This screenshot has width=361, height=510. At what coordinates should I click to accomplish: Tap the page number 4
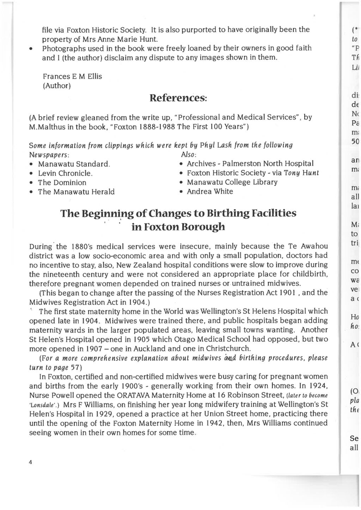[x=31, y=462]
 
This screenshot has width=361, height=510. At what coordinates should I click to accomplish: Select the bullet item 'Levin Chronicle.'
[x=65, y=173]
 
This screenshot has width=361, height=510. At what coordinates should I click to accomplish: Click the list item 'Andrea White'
[x=210, y=191]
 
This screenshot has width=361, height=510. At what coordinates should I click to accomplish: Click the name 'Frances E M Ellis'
[x=72, y=77]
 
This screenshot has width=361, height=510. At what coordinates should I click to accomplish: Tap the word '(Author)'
[x=56, y=86]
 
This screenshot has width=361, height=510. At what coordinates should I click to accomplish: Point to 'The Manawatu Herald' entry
[x=76, y=192]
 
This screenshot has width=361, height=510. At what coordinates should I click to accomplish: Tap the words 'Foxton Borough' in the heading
[x=184, y=227]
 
